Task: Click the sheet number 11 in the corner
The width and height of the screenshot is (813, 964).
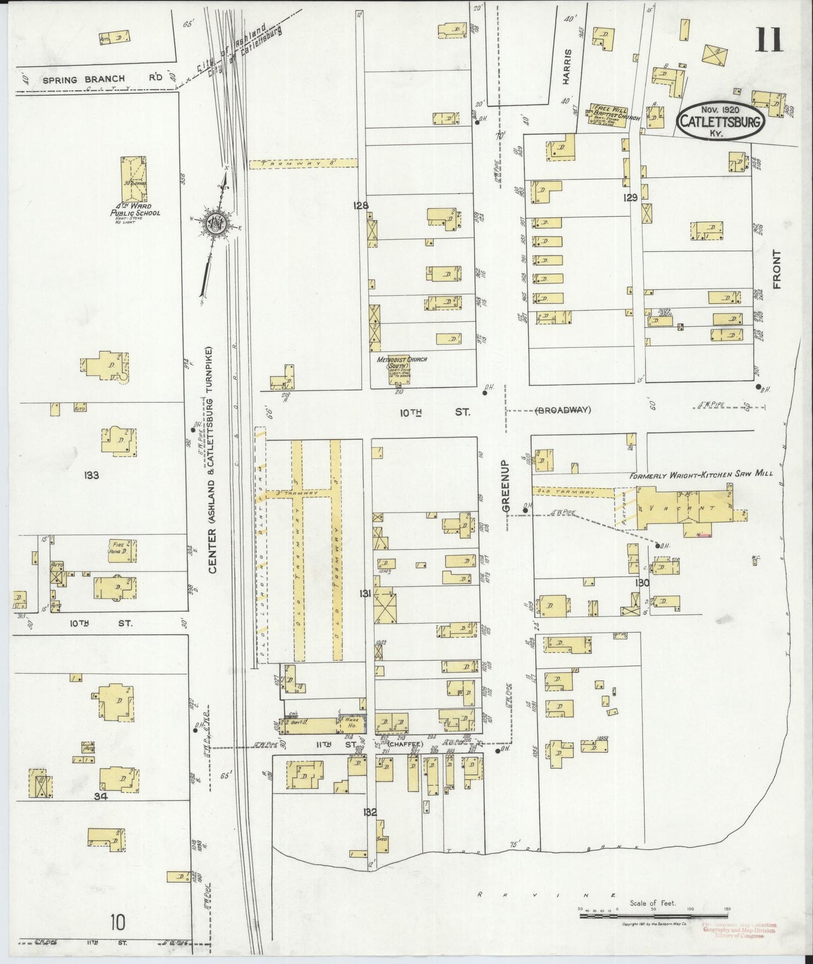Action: pos(769,39)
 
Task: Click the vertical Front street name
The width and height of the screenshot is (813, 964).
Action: pos(778,269)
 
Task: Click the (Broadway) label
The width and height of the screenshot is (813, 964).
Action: pos(563,409)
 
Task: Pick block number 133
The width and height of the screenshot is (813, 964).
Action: pos(91,475)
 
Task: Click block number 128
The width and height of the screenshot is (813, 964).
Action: pos(360,206)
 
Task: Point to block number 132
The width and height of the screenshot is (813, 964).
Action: pos(370,812)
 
